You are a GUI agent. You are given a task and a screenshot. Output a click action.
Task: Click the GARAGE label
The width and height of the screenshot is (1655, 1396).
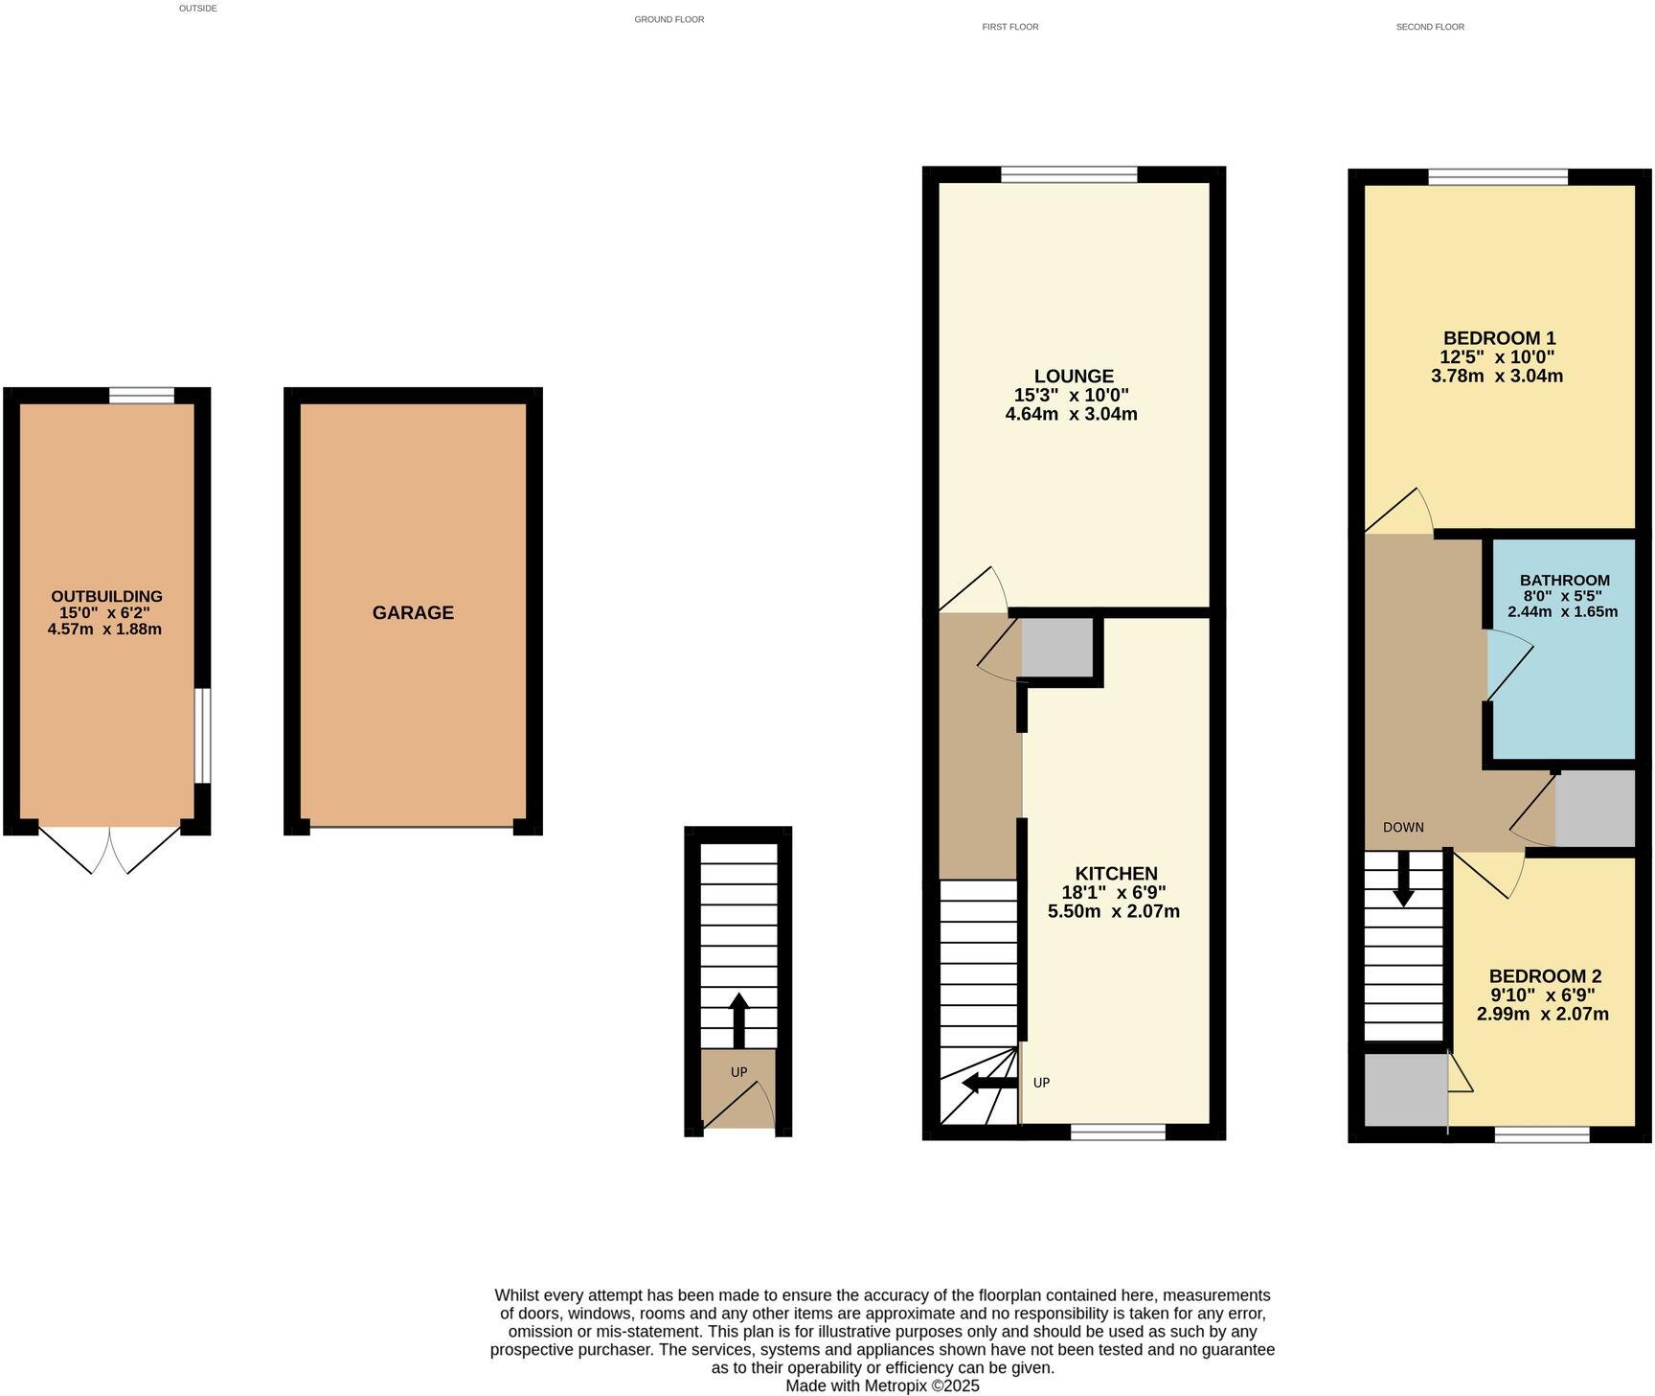coord(413,612)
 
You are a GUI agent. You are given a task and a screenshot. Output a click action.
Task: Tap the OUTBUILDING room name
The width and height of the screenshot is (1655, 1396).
coord(106,596)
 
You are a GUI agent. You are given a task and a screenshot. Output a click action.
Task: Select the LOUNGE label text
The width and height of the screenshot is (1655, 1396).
coord(1074,377)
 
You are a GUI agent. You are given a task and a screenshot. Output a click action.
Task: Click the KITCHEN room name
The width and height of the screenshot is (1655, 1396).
coord(1116,873)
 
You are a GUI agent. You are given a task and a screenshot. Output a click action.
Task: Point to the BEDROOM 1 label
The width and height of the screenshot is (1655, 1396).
coord(1499,338)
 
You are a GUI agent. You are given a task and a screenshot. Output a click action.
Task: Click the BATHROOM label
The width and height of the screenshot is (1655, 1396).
coord(1564,580)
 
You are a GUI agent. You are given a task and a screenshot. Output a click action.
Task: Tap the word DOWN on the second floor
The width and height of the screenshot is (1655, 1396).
coord(1403,827)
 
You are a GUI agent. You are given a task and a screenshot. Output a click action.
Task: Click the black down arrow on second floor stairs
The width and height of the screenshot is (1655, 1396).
coord(1403,880)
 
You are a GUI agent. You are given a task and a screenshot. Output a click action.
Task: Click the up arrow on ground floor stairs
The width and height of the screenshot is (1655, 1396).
coord(738,1019)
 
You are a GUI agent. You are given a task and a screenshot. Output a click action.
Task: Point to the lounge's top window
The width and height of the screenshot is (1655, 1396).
coord(1069,174)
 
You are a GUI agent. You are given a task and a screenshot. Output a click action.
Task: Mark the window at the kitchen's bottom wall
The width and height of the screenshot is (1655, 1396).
coord(1118,1132)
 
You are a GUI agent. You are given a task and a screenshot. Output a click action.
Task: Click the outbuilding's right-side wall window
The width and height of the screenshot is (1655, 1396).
coord(202,735)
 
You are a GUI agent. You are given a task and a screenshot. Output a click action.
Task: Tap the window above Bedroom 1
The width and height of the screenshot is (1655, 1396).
coord(1498,177)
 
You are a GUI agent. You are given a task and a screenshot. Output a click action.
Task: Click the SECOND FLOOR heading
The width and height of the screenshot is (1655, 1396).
coord(1429,27)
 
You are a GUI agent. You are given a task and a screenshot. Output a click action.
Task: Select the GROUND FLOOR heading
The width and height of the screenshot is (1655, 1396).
coord(669,19)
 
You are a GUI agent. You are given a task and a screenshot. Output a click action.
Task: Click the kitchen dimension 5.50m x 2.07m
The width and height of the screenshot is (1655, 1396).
coord(1113,911)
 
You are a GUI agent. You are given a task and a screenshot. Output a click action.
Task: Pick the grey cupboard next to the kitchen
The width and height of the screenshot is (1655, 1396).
coord(1057,648)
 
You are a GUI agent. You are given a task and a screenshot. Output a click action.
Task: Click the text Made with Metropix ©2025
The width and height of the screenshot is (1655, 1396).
coord(882,1385)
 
